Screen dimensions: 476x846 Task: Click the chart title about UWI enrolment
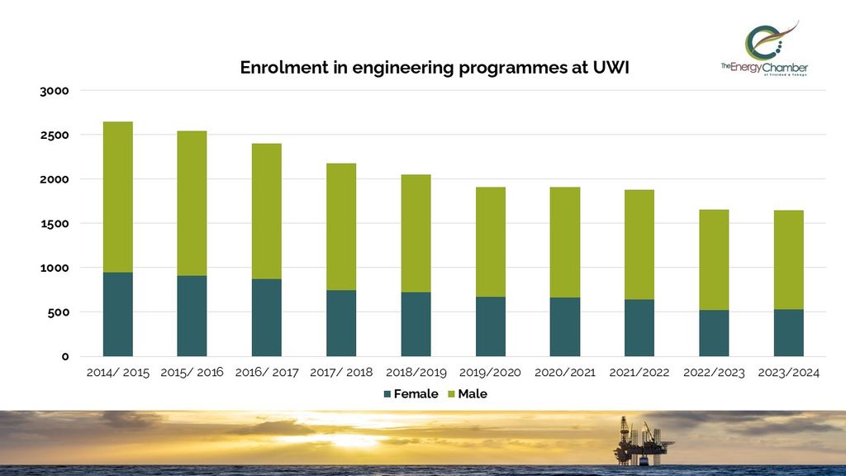[x=435, y=68]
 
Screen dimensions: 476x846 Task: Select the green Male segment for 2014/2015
[x=117, y=197]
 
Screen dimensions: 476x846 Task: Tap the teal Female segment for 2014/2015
[x=117, y=314]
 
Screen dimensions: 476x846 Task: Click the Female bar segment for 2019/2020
[x=491, y=326]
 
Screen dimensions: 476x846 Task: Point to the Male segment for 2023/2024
[x=788, y=259]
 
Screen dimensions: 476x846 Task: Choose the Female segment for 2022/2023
[x=714, y=333]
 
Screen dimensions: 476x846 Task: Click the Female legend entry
[x=410, y=394]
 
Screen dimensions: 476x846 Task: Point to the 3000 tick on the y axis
[x=55, y=90]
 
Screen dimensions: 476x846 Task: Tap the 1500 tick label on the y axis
[x=55, y=223]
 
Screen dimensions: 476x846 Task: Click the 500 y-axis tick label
[x=59, y=312]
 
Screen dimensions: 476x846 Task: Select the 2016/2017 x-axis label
[x=267, y=373]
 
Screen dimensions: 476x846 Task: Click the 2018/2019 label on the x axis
[x=416, y=373]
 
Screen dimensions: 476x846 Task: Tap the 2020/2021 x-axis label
[x=565, y=373]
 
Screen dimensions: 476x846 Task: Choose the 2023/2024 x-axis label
[x=788, y=373]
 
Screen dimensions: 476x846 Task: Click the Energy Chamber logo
[x=763, y=50]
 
